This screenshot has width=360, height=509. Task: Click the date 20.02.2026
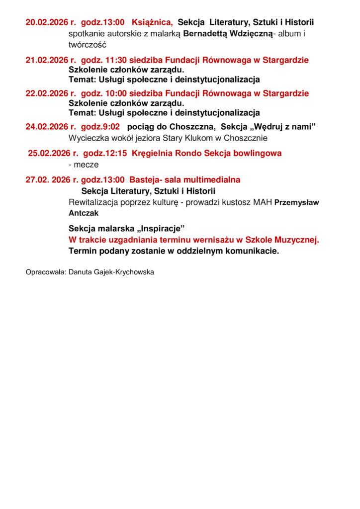point(47,22)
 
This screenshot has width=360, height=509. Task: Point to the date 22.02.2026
point(47,93)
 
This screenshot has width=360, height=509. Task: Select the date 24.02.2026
point(47,127)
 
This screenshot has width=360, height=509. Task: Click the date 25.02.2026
point(49,153)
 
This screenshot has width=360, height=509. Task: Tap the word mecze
point(86,165)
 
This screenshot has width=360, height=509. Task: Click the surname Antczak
point(84,213)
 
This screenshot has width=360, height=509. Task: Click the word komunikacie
point(254,251)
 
